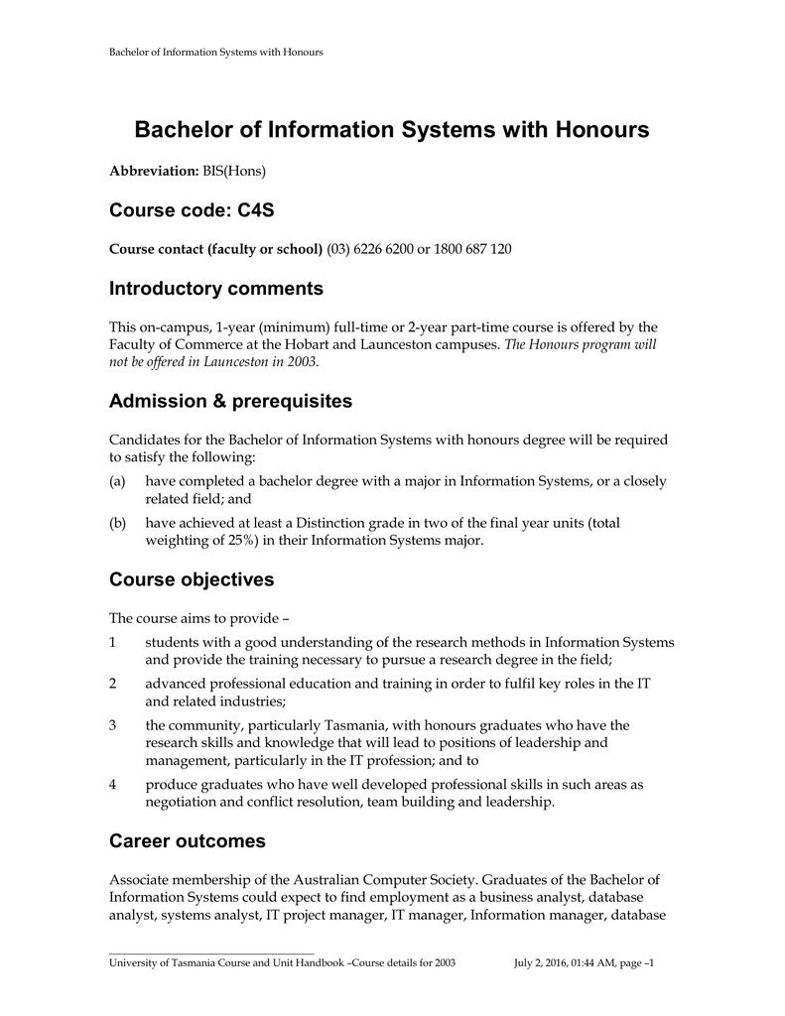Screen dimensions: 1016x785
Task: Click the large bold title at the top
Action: click(392, 130)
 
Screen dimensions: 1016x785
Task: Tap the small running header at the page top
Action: click(215, 52)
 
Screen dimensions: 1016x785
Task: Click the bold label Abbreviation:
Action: click(154, 172)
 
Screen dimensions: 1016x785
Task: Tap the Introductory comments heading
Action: click(215, 289)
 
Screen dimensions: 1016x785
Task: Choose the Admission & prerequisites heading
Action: click(230, 401)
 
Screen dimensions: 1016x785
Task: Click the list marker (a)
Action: click(117, 481)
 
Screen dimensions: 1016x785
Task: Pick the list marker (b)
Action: click(117, 522)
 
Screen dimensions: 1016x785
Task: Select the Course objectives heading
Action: click(191, 579)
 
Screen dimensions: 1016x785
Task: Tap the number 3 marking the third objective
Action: click(113, 725)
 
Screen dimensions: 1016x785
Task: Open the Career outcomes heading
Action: click(187, 841)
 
